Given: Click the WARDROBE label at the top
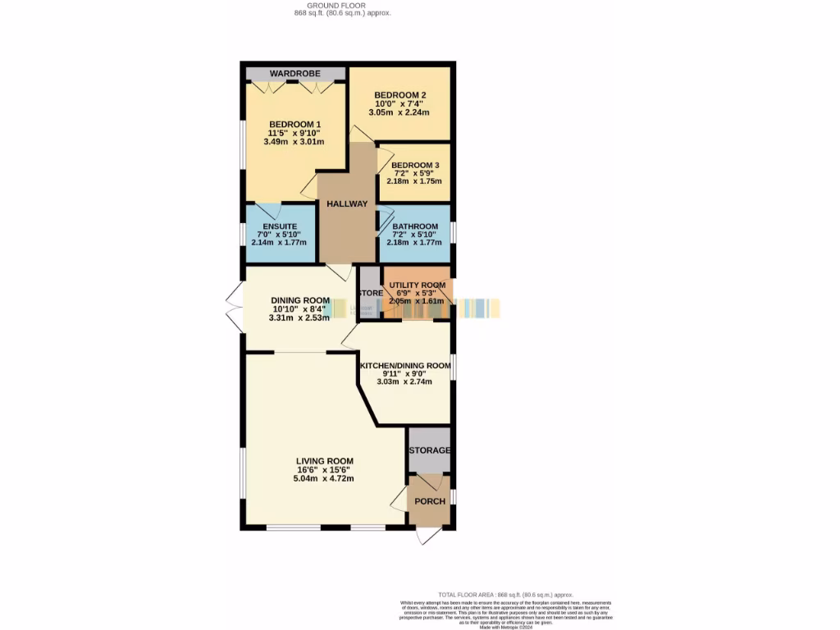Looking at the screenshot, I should point(294,74).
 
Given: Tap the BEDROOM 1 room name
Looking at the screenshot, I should point(294,124).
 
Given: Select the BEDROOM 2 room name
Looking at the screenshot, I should point(401,94).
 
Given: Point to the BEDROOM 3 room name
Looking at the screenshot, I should point(414,165).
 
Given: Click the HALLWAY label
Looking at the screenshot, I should point(347,203).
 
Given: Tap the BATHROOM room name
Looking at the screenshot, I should point(415,226).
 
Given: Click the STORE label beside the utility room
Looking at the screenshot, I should point(370,293).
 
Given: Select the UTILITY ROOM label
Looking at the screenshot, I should point(418,285).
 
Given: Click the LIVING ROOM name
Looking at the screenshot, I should point(325,461).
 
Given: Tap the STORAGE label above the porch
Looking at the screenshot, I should point(430,450).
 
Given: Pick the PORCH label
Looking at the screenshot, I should point(430,501).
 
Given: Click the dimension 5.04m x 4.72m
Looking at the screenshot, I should point(325,479).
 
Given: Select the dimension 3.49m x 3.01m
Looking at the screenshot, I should point(294,142).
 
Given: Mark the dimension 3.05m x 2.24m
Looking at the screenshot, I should point(402,112).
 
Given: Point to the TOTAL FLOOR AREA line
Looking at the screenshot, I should point(505,595).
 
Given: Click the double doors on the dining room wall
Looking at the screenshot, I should point(234,308).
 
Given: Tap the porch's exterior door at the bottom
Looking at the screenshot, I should point(428,534).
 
